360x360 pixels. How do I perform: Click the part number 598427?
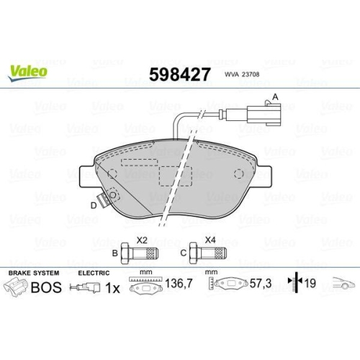pos(179,73)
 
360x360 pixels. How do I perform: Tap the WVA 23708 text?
pos(243,73)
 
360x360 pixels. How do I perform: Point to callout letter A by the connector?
pos(274,97)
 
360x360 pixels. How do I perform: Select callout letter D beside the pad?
pos(93,207)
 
